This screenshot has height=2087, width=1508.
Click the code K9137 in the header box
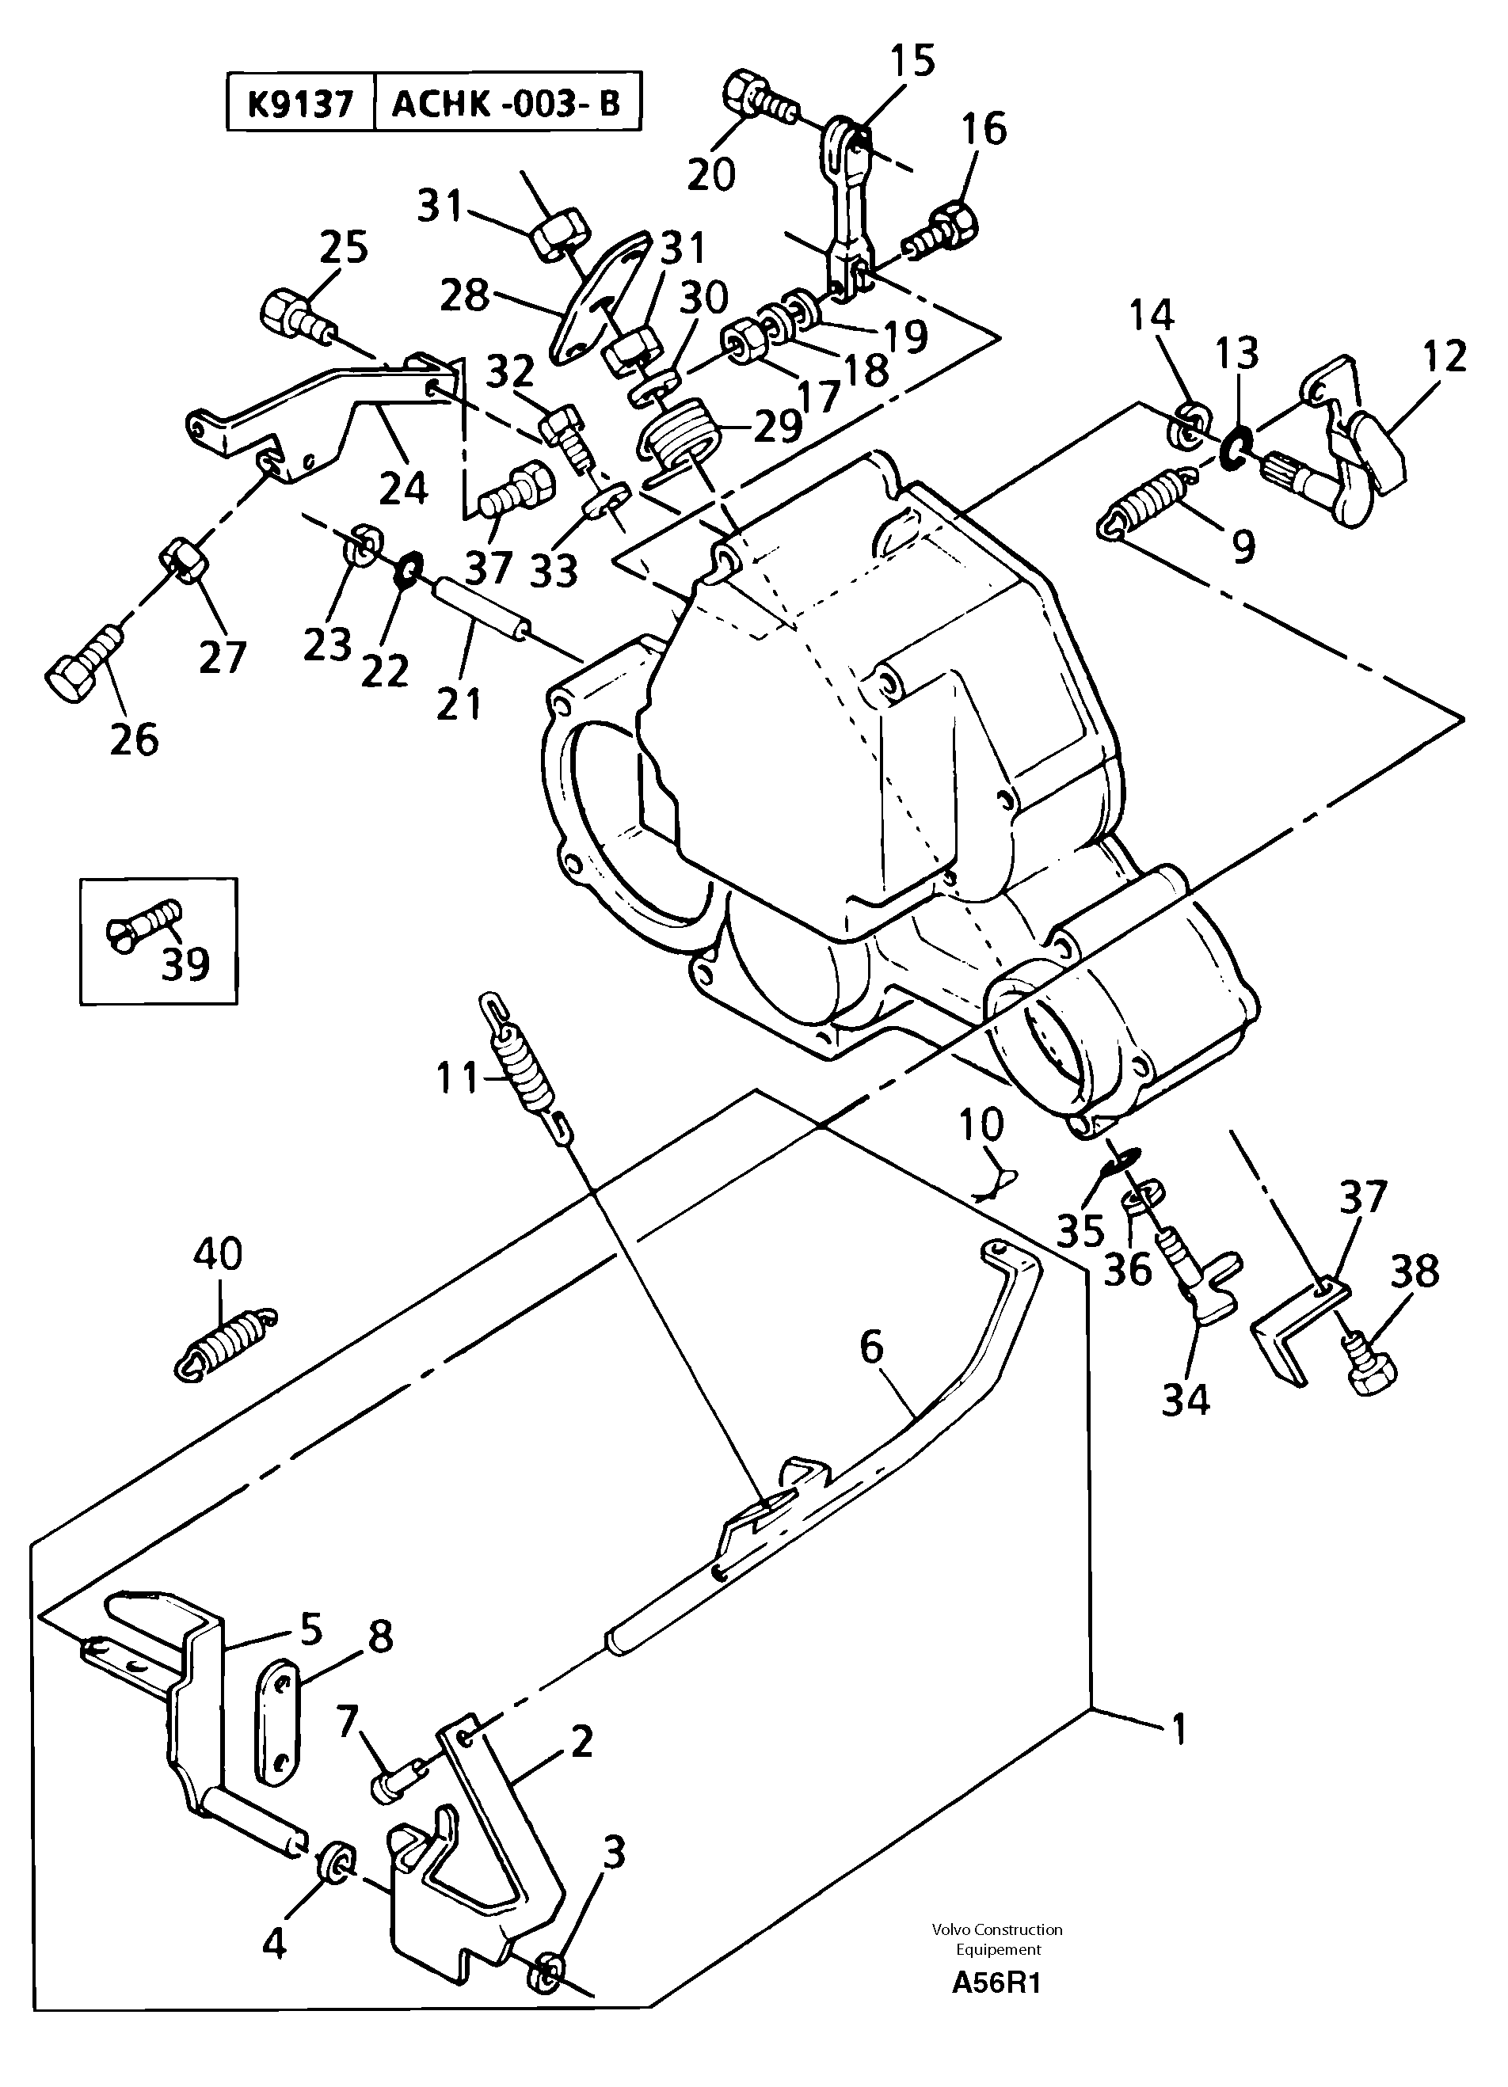(x=300, y=104)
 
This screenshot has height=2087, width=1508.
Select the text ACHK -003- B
(x=506, y=104)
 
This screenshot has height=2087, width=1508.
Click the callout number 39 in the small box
(x=185, y=964)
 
